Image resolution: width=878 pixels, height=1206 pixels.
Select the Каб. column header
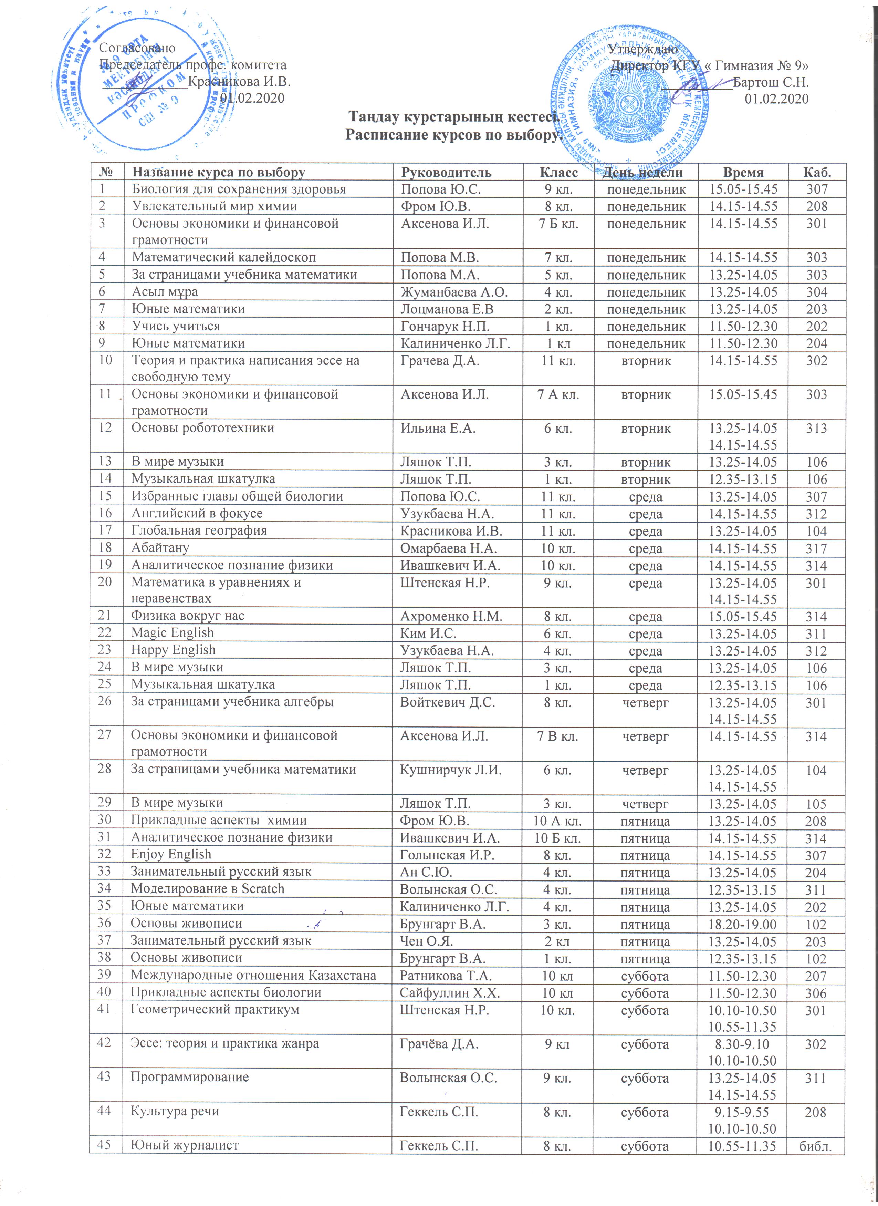(x=817, y=172)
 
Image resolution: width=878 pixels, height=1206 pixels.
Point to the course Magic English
(x=173, y=633)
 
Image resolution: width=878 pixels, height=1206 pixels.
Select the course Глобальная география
(x=199, y=531)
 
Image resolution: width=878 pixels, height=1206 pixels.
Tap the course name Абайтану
(x=160, y=548)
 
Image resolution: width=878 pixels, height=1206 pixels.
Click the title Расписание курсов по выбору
(x=454, y=135)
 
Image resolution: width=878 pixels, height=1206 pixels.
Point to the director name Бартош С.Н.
(x=771, y=82)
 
